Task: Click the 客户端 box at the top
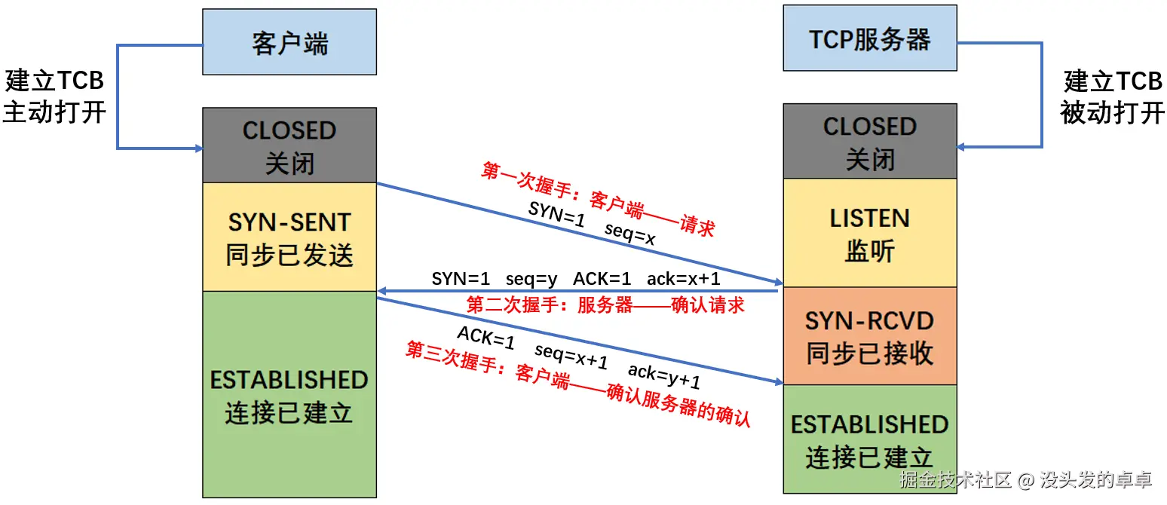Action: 289,41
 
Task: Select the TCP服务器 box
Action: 870,38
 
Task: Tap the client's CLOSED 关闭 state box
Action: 289,145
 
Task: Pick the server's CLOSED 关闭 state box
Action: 870,141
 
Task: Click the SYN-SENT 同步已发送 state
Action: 289,237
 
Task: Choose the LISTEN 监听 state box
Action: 870,233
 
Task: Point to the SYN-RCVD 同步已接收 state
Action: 870,336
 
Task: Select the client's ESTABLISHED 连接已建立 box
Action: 289,394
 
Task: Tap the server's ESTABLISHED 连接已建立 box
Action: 870,439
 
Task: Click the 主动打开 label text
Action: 55,112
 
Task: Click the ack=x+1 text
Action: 684,279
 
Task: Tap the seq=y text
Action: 531,280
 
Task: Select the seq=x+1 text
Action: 571,356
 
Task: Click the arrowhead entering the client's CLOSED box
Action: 199,148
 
